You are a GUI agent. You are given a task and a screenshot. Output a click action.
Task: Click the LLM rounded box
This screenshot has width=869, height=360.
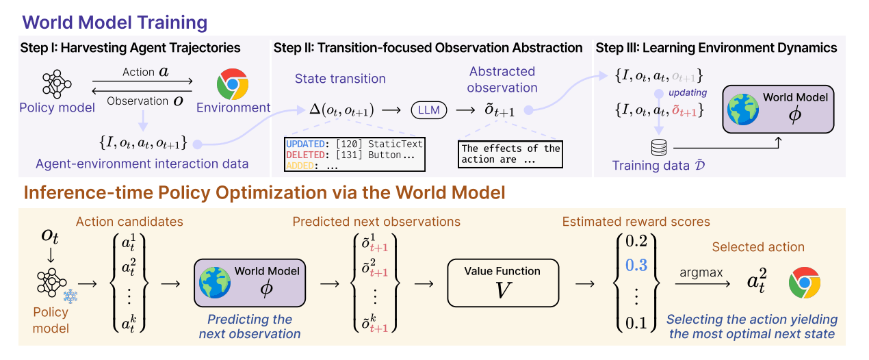click(x=429, y=110)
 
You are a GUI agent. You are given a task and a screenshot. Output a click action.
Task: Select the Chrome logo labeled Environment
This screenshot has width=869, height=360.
click(x=232, y=84)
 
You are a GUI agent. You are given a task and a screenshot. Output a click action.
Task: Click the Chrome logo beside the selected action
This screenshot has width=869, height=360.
click(x=804, y=281)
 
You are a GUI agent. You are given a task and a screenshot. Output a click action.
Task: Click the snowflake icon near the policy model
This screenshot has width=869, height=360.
click(x=70, y=295)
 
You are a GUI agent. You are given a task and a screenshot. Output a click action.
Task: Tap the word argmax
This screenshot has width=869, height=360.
click(x=700, y=272)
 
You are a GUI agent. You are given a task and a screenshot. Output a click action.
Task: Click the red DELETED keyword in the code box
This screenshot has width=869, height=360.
click(x=305, y=155)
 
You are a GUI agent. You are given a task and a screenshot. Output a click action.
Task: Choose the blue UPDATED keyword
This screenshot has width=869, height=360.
click(x=305, y=144)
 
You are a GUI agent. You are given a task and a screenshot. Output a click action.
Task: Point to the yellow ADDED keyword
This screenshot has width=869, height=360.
click(x=302, y=166)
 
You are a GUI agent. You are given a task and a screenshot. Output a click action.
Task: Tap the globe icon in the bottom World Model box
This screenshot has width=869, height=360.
click(x=214, y=283)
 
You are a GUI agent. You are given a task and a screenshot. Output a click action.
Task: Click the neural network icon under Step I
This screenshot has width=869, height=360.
click(x=57, y=83)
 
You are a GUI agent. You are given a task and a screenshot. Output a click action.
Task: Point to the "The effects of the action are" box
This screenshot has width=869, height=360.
click(x=510, y=155)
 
